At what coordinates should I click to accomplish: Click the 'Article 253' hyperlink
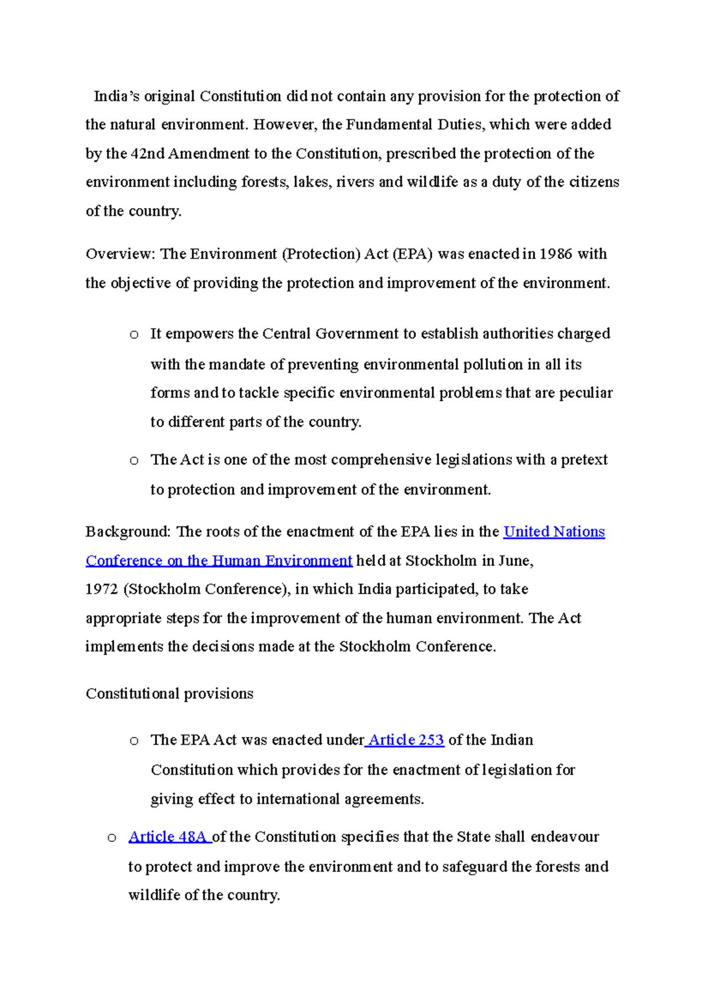405,740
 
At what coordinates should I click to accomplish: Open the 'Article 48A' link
169,837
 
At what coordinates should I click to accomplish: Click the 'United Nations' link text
554,532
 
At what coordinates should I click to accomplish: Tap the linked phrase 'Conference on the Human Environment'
219,561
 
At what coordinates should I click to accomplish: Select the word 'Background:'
128,532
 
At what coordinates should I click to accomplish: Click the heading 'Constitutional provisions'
169,693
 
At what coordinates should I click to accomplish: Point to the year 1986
556,254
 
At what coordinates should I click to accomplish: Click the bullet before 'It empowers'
134,335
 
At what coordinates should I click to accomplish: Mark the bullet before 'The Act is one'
134,461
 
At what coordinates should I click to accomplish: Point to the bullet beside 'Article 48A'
112,838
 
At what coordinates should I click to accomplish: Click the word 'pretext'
584,460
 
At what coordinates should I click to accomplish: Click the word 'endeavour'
565,837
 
